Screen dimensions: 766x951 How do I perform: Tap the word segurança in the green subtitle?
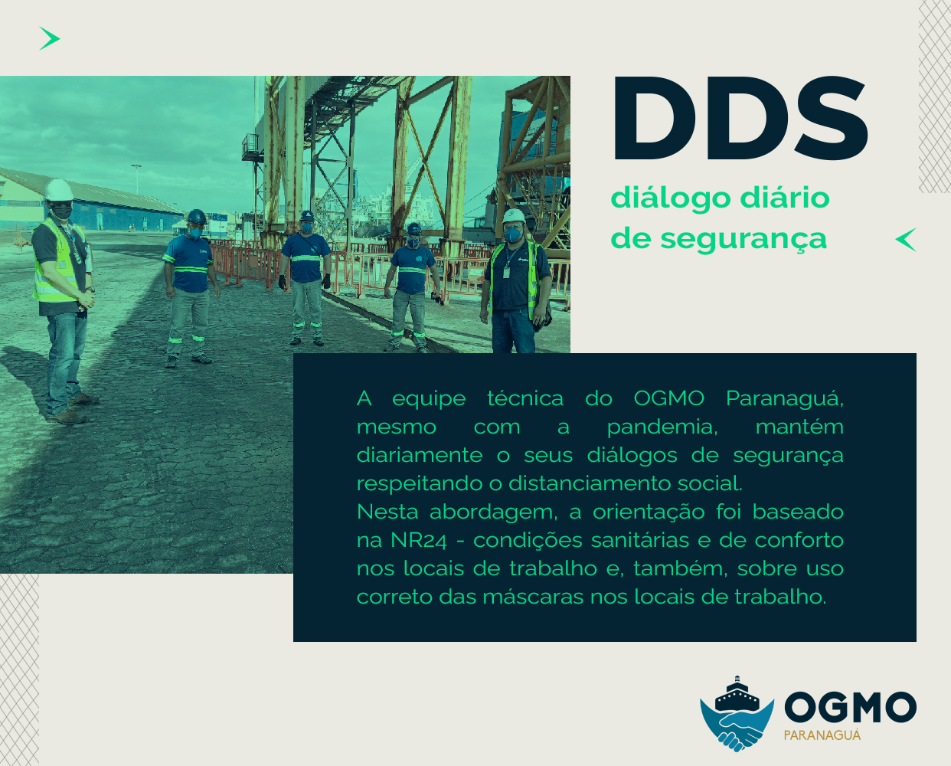pos(743,239)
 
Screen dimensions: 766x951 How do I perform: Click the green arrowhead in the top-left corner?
pos(50,38)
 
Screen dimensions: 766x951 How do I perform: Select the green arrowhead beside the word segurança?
pos(907,240)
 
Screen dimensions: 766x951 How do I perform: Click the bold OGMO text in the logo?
pos(850,707)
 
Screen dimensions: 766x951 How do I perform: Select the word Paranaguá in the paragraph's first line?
pos(784,399)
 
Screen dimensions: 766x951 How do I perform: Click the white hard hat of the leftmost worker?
pos(58,190)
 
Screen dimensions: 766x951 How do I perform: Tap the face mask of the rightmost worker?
pos(513,233)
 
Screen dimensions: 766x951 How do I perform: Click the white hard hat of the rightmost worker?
pos(514,216)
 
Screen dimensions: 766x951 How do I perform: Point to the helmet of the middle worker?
pos(307,216)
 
